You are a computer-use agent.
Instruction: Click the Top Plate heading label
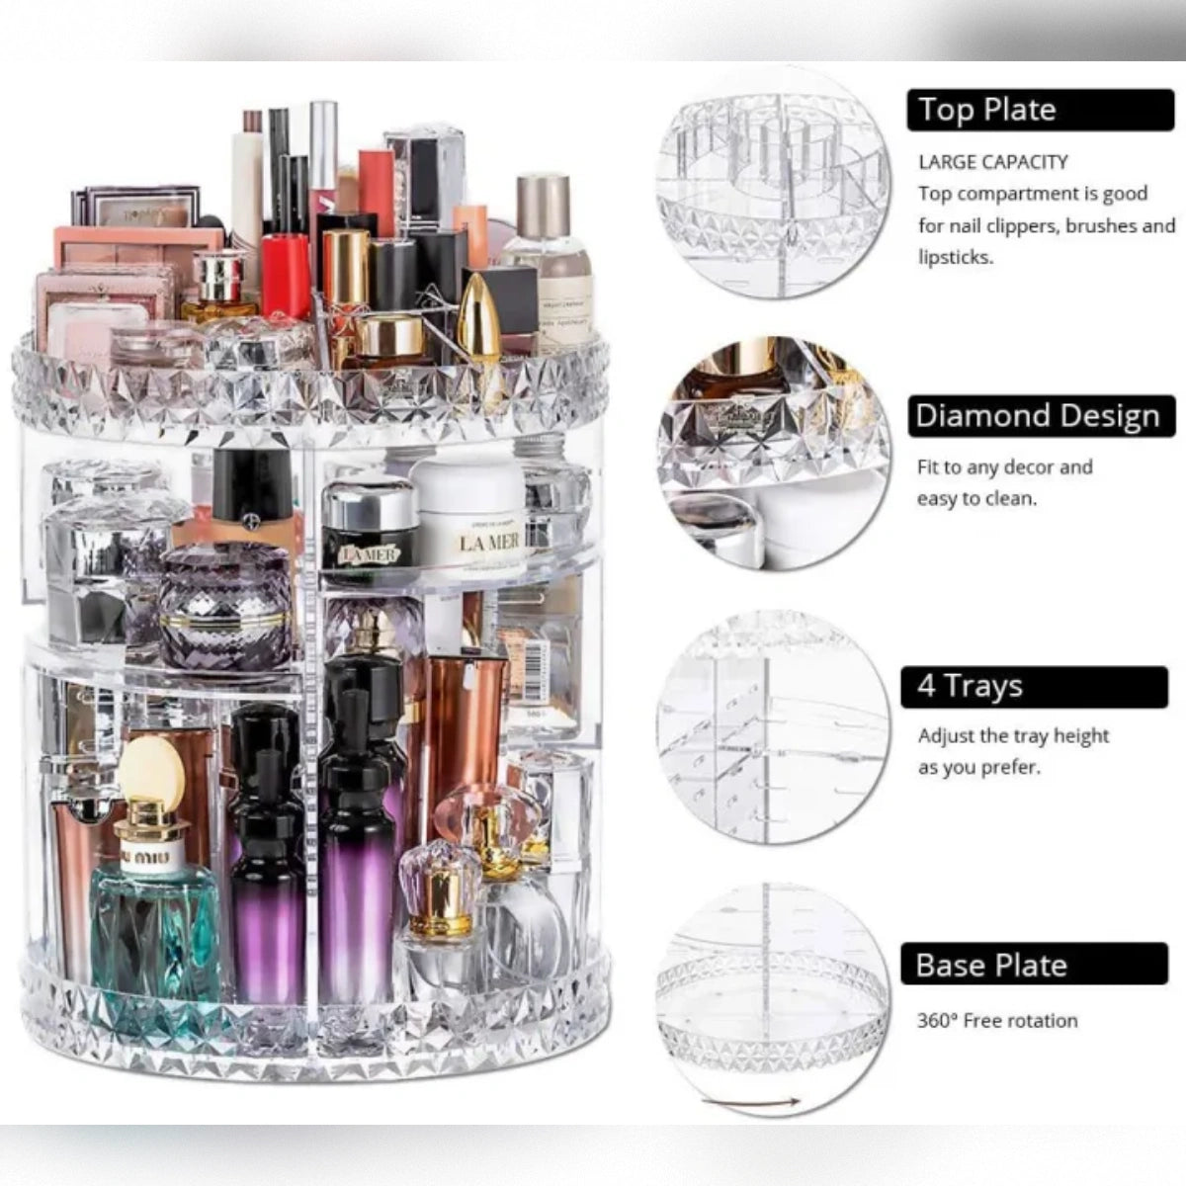coord(1040,110)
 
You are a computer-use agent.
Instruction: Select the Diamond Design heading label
coord(1041,416)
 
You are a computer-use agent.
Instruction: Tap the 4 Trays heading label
coord(1034,687)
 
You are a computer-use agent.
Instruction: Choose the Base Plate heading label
coord(1034,965)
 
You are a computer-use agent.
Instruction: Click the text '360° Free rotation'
coord(996,1021)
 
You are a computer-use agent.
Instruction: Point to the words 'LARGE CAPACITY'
coord(992,162)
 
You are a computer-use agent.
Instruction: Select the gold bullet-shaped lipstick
coord(480,316)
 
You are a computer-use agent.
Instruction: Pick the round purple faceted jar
coord(224,605)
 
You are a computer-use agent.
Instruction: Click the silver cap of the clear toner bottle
coord(543,205)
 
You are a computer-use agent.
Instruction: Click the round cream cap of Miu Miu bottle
coord(150,769)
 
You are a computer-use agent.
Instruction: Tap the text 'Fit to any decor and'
coord(1004,466)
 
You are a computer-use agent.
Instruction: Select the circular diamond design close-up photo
coord(774,453)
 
